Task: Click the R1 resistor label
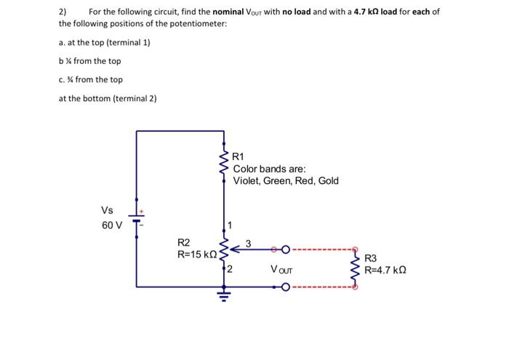tap(239, 156)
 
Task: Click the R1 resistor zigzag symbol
tap(224, 167)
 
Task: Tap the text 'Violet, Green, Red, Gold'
tap(286, 180)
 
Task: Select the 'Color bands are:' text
tap(269, 169)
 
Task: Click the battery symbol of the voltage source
tap(136, 217)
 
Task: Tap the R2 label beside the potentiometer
tap(184, 242)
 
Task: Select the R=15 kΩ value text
tap(197, 255)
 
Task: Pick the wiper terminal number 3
tap(248, 243)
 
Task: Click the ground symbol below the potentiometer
tap(224, 295)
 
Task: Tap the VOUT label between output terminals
tap(282, 269)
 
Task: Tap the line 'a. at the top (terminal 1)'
tap(104, 42)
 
